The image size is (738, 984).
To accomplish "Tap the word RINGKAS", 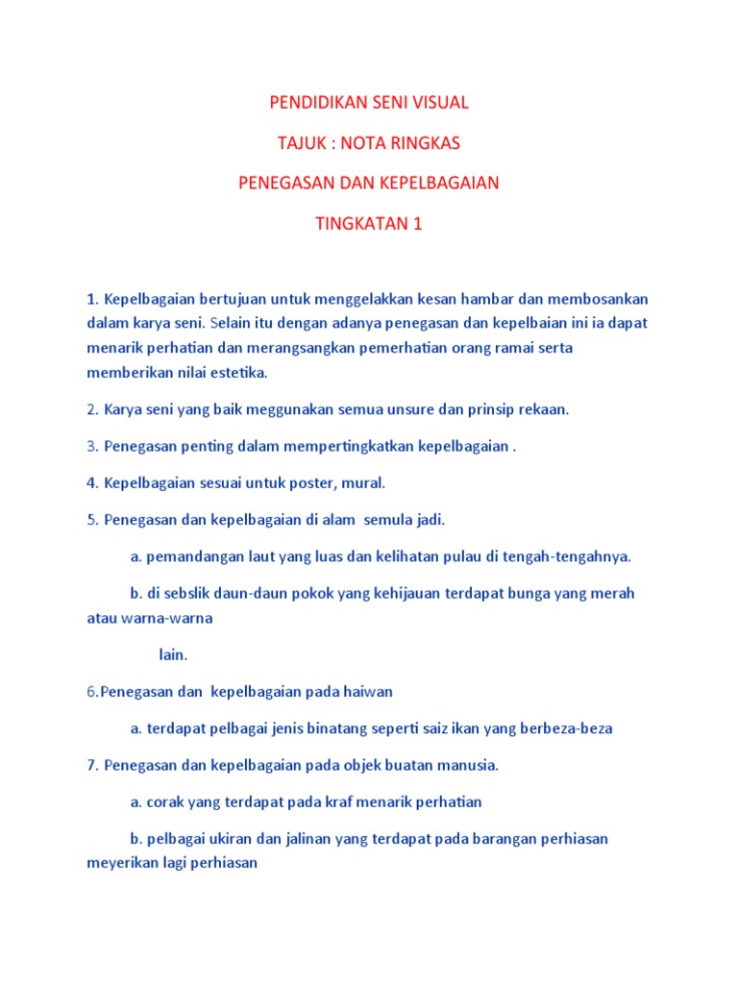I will [424, 142].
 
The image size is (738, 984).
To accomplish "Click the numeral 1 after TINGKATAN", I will [417, 224].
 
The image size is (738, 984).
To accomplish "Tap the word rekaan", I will [545, 409].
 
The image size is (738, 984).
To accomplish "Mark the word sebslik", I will [195, 594].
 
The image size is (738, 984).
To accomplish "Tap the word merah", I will [615, 594].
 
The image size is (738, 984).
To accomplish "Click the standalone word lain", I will [173, 654].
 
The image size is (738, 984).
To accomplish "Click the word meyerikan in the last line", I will [123, 863].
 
